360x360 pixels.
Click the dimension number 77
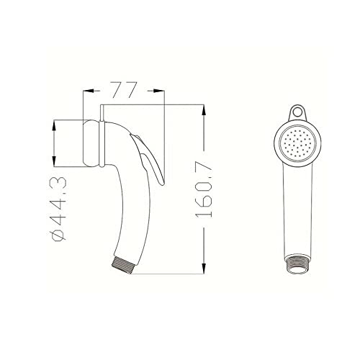coord(125,91)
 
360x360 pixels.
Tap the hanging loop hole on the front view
coord(296,112)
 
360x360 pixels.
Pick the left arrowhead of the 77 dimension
coord(87,91)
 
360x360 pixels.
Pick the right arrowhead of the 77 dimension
coord(163,91)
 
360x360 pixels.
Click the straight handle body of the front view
coord(298,209)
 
